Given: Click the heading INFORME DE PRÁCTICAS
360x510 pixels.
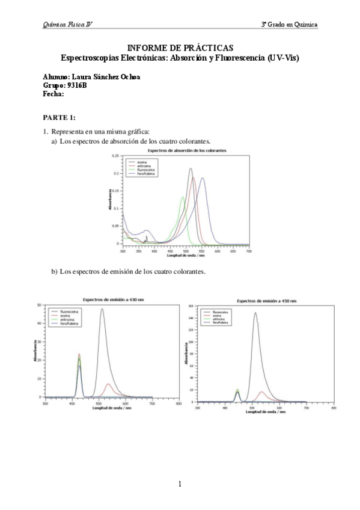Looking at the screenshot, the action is (180, 48).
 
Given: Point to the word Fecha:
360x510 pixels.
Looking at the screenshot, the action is (54, 94).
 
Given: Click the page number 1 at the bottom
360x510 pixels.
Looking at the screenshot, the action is (180, 484).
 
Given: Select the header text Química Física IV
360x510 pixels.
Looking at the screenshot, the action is (67, 24).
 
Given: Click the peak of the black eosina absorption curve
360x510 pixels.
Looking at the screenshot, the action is (191, 169).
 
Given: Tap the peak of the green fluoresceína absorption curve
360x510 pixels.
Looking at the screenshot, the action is (183, 197).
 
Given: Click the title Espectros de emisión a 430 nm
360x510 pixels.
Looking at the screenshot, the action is (113, 299).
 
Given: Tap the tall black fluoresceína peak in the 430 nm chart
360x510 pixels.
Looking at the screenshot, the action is (102, 309).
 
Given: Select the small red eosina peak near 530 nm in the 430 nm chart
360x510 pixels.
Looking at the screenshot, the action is (108, 384).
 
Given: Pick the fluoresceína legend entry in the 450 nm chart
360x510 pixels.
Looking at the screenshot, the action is (218, 313).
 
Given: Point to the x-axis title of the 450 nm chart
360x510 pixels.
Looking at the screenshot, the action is (266, 412).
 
